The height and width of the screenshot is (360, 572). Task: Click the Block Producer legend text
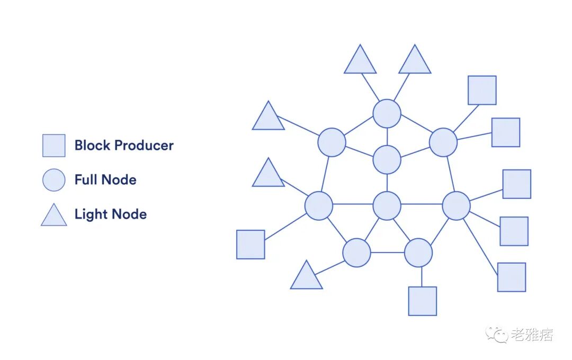[x=124, y=145]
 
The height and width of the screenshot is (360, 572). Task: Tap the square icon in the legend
[x=54, y=146]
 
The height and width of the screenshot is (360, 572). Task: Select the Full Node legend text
[x=105, y=179]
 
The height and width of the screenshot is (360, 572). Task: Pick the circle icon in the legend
[x=54, y=180]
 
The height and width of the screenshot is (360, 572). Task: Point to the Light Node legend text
[x=111, y=214]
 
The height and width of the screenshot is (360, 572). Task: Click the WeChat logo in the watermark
[x=497, y=335]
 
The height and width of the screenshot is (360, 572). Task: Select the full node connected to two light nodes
[x=387, y=113]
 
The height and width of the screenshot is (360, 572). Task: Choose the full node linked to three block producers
[x=456, y=206]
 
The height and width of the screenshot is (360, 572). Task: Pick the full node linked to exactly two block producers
[x=443, y=142]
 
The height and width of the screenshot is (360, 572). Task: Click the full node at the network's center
[x=387, y=206]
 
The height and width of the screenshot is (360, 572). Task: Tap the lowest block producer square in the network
[x=423, y=301]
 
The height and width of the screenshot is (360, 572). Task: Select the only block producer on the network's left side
[x=251, y=245]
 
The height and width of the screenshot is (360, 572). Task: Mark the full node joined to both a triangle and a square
[x=319, y=206]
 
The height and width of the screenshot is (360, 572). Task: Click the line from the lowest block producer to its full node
[x=422, y=277]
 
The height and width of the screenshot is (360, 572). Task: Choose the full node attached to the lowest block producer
[x=418, y=253]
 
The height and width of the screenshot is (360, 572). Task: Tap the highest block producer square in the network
[x=482, y=90]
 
